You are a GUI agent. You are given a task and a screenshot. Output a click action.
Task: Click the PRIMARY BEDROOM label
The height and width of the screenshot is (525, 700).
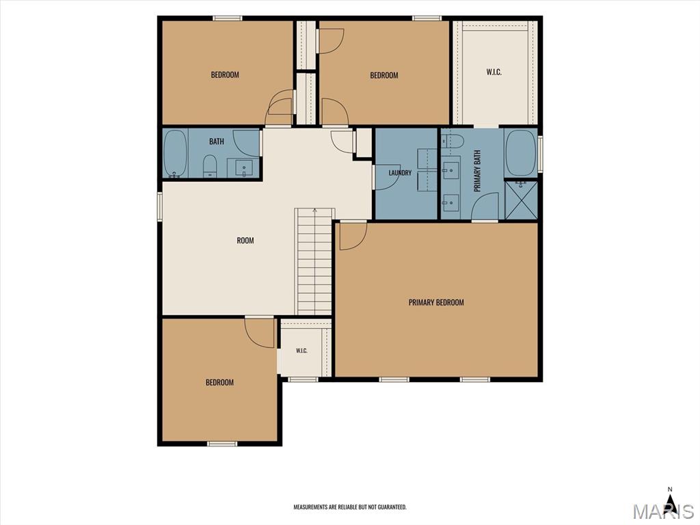click(436, 302)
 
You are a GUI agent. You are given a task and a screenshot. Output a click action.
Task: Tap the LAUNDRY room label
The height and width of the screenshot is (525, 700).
click(399, 173)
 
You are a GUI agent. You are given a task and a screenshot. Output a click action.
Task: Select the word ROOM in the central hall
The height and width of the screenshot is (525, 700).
click(245, 241)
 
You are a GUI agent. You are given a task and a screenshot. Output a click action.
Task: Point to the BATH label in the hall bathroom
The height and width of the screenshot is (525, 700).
click(217, 142)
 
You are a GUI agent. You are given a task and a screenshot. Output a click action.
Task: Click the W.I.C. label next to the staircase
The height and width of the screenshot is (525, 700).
click(301, 351)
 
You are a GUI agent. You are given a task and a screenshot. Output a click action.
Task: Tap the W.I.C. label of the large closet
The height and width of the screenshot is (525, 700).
click(494, 72)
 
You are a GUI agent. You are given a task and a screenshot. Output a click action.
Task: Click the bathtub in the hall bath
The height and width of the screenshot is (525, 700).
click(175, 154)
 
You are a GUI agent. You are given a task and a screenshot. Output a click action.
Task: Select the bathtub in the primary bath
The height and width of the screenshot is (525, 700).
click(520, 153)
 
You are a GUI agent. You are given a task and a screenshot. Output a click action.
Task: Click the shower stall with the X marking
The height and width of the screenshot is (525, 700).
click(520, 200)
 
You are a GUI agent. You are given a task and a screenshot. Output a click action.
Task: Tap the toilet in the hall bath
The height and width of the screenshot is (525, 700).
click(209, 165)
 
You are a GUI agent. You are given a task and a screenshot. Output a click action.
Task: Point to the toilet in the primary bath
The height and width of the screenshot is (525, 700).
click(453, 141)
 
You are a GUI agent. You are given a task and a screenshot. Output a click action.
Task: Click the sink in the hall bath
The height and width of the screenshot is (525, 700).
click(244, 168)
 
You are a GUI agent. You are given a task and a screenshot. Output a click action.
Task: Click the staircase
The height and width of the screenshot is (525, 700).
click(314, 262)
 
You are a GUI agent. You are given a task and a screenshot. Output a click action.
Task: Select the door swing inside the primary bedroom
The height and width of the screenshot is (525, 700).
click(353, 236)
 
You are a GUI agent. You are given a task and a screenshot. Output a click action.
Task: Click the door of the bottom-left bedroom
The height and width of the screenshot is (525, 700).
click(259, 332)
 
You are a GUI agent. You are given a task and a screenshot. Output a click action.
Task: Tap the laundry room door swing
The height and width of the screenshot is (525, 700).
click(387, 177)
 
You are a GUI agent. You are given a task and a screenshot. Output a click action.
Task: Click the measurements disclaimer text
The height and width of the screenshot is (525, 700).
click(350, 507)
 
